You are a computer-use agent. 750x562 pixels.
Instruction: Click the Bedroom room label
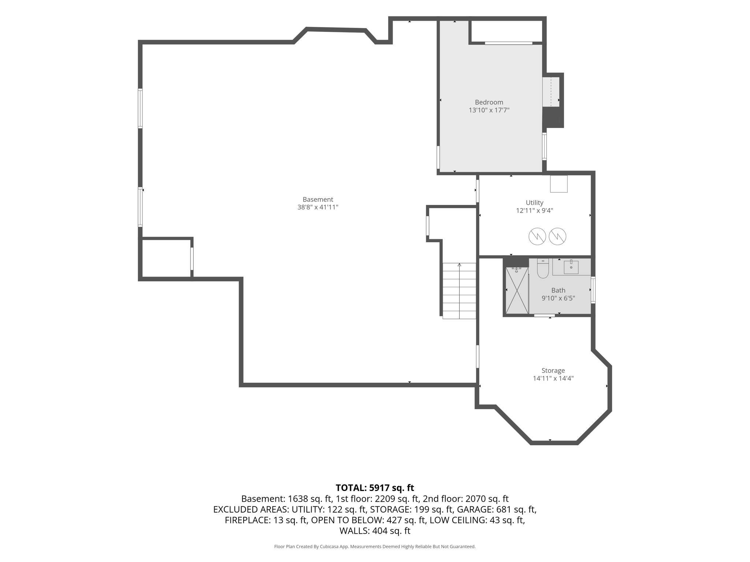489,102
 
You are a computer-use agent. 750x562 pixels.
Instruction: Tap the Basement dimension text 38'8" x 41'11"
318,207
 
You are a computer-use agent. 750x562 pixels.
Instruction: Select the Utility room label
534,203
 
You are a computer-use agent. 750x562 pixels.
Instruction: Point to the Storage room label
553,371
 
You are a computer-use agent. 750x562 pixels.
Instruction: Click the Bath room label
558,291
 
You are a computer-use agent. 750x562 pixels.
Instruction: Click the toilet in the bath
543,268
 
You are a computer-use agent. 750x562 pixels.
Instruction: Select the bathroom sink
571,267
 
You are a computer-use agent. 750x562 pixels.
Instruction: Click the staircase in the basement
459,291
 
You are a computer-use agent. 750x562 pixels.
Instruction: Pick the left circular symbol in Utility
537,237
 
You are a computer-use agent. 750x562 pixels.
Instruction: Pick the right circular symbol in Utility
557,237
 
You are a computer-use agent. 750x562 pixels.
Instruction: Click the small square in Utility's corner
559,184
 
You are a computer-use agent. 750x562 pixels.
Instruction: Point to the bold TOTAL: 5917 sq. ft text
375,488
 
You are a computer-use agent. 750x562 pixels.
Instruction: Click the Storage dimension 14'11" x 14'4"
553,379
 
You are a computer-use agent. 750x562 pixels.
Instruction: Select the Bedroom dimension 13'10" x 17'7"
489,110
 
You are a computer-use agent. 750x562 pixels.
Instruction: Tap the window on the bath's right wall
593,290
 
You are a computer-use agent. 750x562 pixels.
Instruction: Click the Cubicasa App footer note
375,547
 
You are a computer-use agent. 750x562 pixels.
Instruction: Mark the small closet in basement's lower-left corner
166,258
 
